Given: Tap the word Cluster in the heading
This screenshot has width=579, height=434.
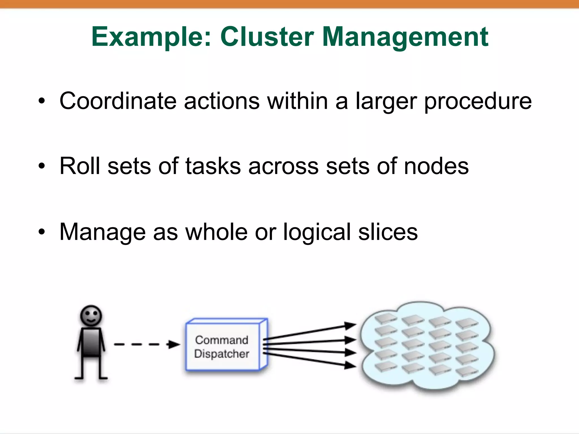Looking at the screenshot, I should pos(267,37).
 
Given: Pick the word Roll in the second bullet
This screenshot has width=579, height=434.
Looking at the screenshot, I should pos(79,166).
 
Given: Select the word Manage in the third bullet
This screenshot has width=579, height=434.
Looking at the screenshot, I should pos(103,232).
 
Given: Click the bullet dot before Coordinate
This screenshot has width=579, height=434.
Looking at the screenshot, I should pos(42,101).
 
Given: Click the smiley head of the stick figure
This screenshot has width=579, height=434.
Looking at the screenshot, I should pos(91,315).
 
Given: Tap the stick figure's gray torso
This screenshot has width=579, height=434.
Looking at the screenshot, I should pos(91,342).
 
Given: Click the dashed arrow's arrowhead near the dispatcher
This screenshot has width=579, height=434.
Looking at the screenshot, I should pos(173,344).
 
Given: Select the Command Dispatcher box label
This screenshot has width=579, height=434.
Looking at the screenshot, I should pos(222,347).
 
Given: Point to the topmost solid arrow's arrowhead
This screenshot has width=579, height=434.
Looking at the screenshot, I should pos(351,325).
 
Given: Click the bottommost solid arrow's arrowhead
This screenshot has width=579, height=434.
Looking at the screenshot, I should pos(351,365).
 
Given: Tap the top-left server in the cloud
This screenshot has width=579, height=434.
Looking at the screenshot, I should pos(386,318).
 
